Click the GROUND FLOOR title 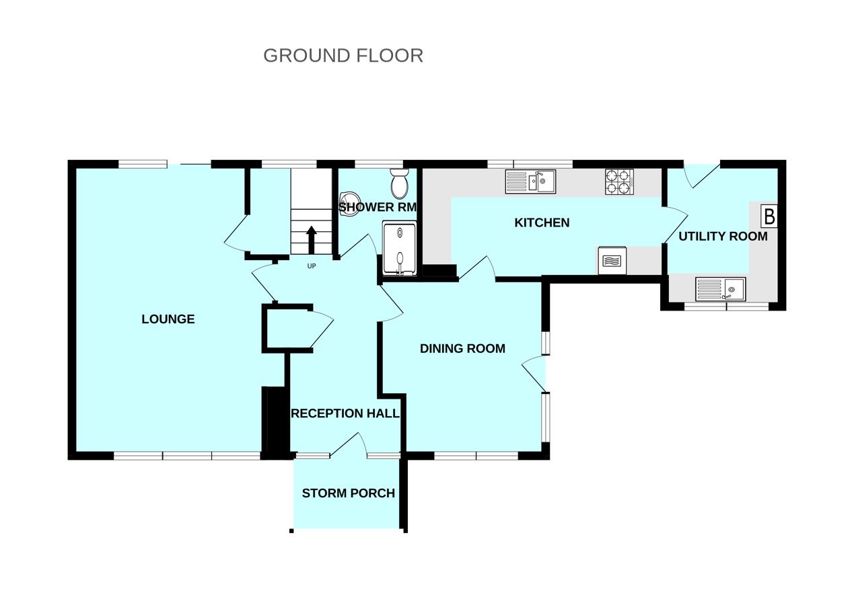(343, 55)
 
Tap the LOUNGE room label (168, 319)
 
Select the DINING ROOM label (462, 348)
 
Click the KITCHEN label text (542, 223)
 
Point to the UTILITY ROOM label (723, 237)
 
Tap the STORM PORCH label (348, 493)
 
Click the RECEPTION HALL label (345, 413)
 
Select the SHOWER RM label (378, 208)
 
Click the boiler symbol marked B (769, 216)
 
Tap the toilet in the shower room (399, 182)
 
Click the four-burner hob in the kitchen (619, 182)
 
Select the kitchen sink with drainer (530, 182)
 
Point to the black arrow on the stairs (312, 239)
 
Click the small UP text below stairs (312, 266)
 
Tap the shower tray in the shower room (400, 249)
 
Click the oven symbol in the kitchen (612, 260)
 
